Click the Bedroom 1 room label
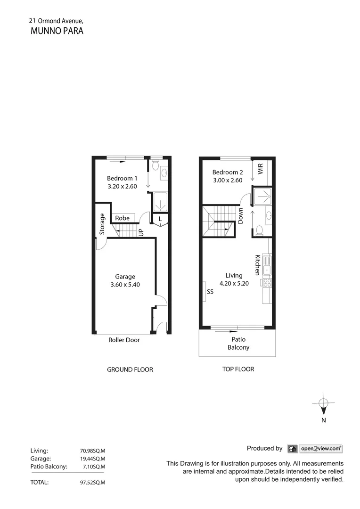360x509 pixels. pyautogui.click(x=122, y=178)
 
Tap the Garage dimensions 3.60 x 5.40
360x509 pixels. pyautogui.click(x=125, y=285)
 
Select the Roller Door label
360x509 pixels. pyautogui.click(x=124, y=340)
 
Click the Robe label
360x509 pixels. pyautogui.click(x=122, y=218)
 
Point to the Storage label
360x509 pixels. pyautogui.click(x=102, y=224)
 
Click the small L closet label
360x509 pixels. pyautogui.click(x=160, y=219)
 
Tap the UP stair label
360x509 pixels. pyautogui.click(x=140, y=232)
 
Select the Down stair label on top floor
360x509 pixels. pyautogui.click(x=240, y=216)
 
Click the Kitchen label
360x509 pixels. pyautogui.click(x=257, y=265)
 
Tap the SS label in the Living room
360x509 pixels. pyautogui.click(x=210, y=292)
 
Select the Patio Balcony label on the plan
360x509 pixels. pyautogui.click(x=238, y=343)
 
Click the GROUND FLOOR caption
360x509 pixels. pyautogui.click(x=130, y=369)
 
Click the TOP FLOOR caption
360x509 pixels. pyautogui.click(x=238, y=369)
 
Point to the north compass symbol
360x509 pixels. pyautogui.click(x=323, y=403)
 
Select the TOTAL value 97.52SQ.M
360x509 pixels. pyautogui.click(x=92, y=482)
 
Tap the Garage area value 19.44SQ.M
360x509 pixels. pyautogui.click(x=92, y=458)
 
